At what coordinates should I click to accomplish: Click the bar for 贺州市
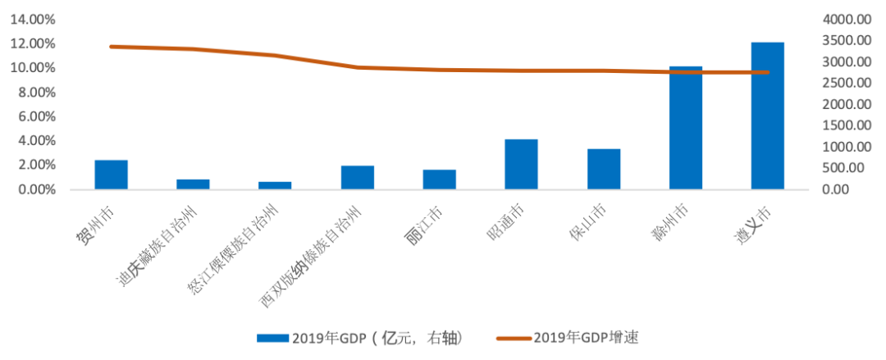111,175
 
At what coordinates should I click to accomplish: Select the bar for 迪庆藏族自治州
193,185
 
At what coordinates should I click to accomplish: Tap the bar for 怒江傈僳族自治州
275,185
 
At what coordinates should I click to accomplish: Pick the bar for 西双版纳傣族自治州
357,178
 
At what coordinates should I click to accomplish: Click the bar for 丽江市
439,180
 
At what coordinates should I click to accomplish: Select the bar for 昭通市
521,165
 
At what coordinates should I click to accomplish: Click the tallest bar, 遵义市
767,116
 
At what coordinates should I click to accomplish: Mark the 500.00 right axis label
845,168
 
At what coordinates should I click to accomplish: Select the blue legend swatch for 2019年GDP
272,338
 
